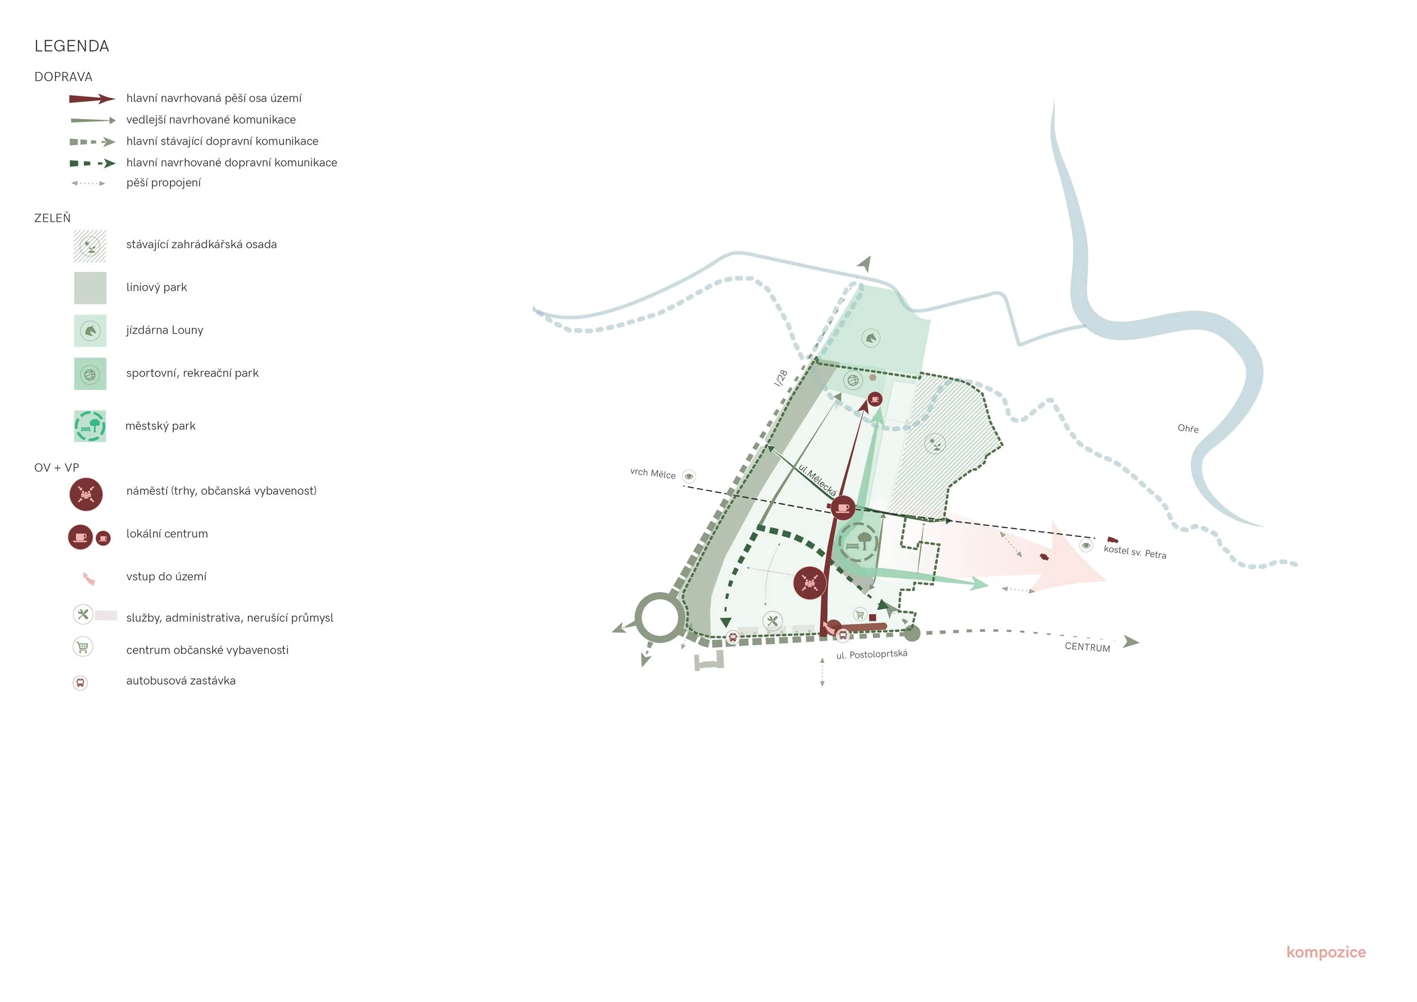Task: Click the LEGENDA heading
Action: click(71, 46)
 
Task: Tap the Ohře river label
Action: click(1187, 428)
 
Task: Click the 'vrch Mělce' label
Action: click(652, 474)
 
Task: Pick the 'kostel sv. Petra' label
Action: click(1134, 551)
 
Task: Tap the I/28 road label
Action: click(780, 377)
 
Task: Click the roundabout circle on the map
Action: click(659, 617)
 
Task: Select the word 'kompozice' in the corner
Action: click(1326, 952)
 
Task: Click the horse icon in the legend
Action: click(90, 332)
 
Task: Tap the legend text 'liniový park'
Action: click(156, 287)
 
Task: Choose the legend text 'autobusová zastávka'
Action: click(181, 681)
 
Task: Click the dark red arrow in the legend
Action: click(91, 99)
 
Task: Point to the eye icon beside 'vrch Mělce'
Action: click(689, 476)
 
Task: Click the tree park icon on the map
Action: click(858, 542)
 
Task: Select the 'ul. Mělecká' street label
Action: click(817, 480)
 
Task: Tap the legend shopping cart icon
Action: click(83, 647)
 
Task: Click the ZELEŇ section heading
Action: click(53, 218)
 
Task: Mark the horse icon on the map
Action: click(871, 338)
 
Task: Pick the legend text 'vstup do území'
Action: click(166, 577)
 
